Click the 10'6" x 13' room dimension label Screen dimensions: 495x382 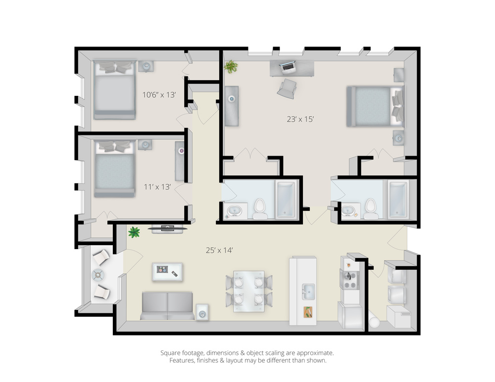tap(159, 94)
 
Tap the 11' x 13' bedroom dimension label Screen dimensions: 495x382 tap(157, 187)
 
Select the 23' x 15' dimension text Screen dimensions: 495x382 tap(300, 119)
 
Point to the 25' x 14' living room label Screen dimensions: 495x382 tap(219, 250)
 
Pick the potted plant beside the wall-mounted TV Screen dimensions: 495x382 tap(134, 232)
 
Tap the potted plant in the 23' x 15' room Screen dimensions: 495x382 tap(231, 67)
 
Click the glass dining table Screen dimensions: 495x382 tap(249, 291)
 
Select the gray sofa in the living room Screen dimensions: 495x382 tap(167, 306)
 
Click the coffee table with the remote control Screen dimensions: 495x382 tap(167, 272)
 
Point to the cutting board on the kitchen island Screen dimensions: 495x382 tap(308, 312)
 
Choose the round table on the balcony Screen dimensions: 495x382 tap(99, 275)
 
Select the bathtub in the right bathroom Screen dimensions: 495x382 tap(397, 199)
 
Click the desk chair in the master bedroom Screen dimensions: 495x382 tap(287, 88)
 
